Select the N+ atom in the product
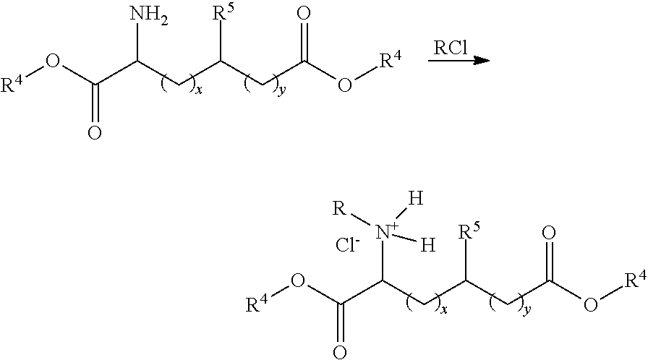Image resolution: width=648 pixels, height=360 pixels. pos(390,231)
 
